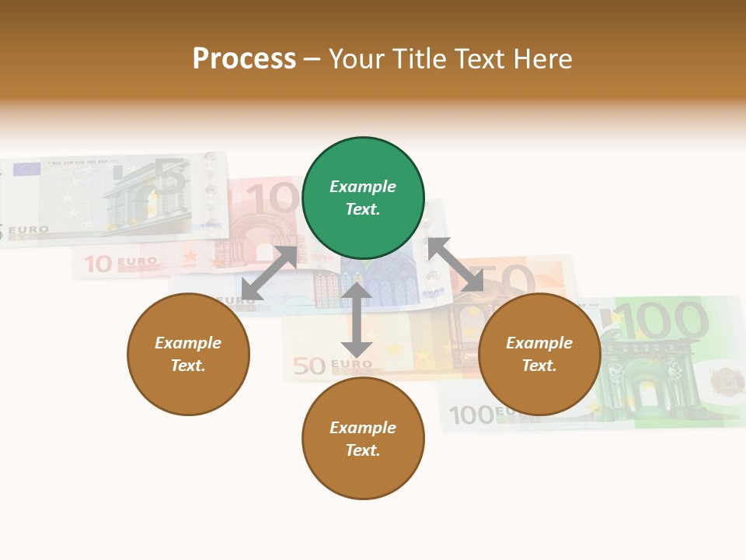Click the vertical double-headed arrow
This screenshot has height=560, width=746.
click(357, 320)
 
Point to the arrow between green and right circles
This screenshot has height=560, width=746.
click(455, 265)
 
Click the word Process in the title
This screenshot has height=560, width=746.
click(244, 58)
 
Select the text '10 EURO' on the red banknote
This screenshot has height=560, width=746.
click(120, 264)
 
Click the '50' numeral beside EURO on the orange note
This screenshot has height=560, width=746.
click(309, 366)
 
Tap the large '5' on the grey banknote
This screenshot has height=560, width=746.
click(170, 179)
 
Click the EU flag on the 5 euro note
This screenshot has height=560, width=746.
click(27, 169)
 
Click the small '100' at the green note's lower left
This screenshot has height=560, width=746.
click(472, 415)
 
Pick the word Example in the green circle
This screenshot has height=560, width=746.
click(363, 187)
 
